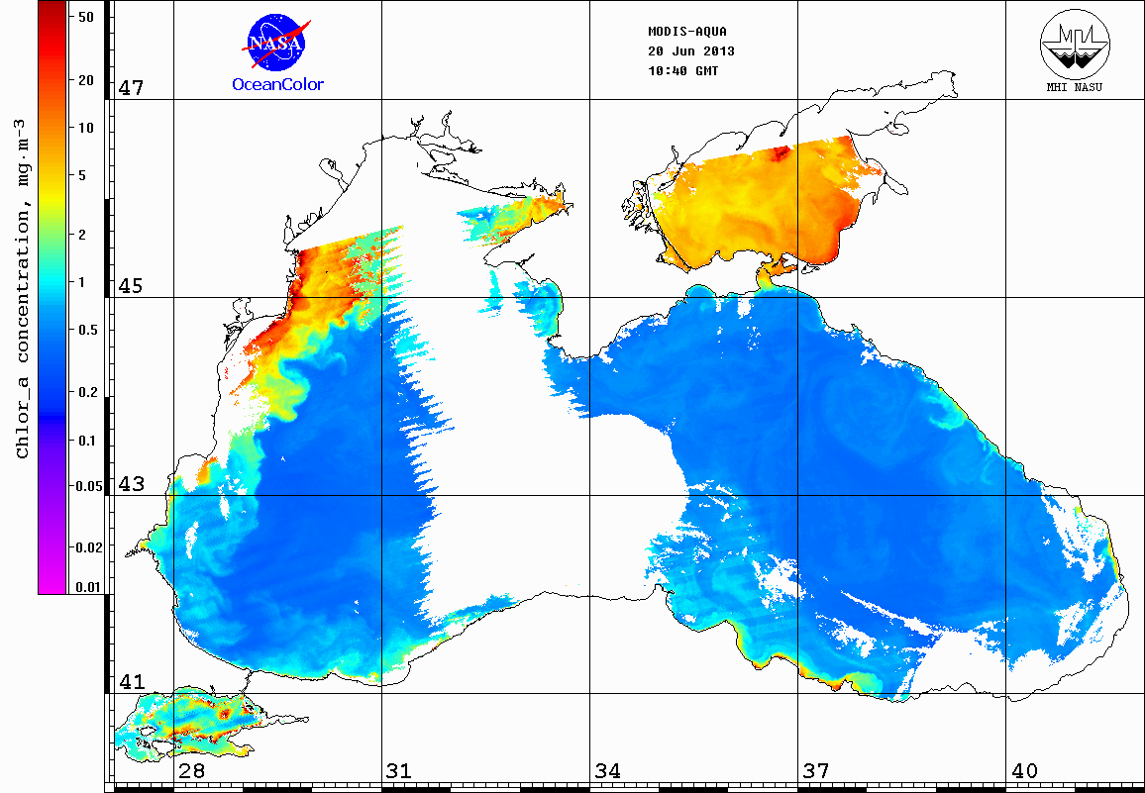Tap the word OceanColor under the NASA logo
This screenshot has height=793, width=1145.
pyautogui.click(x=277, y=84)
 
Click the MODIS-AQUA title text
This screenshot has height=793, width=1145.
pyautogui.click(x=687, y=31)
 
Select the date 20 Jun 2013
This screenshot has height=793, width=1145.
pyautogui.click(x=690, y=50)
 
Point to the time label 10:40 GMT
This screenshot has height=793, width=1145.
pyautogui.click(x=682, y=71)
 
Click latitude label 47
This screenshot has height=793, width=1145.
pyautogui.click(x=132, y=88)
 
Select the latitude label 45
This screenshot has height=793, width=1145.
pyautogui.click(x=132, y=286)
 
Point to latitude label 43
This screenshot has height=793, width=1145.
pyautogui.click(x=132, y=484)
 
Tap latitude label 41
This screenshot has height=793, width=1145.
pyautogui.click(x=132, y=682)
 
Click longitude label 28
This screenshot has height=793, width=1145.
pyautogui.click(x=191, y=770)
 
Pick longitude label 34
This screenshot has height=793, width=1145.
pyautogui.click(x=608, y=770)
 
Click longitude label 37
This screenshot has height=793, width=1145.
pyautogui.click(x=816, y=770)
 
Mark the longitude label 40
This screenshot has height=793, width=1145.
pyautogui.click(x=1024, y=770)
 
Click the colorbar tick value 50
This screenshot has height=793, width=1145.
pyautogui.click(x=85, y=17)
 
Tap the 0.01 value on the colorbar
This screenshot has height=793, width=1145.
pyautogui.click(x=88, y=587)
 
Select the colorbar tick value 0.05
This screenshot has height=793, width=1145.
pyautogui.click(x=88, y=486)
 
